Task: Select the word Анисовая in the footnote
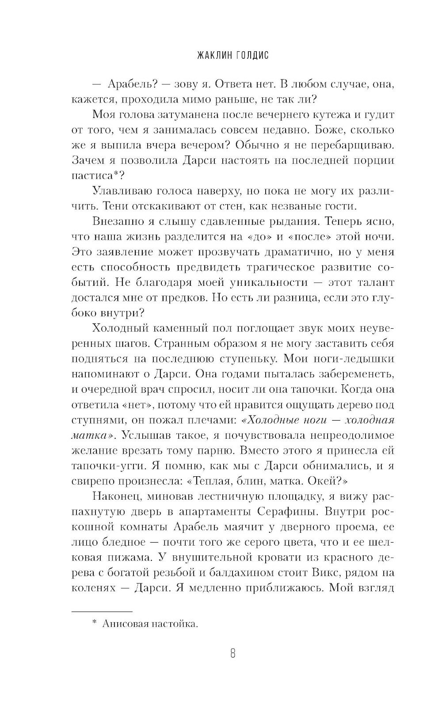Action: click(123, 624)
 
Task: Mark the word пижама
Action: click(119, 558)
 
